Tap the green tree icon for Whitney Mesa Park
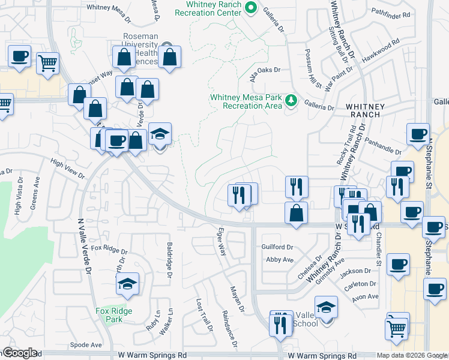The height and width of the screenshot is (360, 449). click(291, 100)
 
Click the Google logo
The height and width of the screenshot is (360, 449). click(19, 353)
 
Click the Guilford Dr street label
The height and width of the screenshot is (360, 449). click(277, 247)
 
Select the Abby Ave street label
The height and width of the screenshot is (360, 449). click(279, 259)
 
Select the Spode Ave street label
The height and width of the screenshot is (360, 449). click(86, 345)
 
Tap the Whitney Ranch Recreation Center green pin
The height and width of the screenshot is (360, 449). click(252, 8)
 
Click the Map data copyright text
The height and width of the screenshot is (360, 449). click(412, 355)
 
